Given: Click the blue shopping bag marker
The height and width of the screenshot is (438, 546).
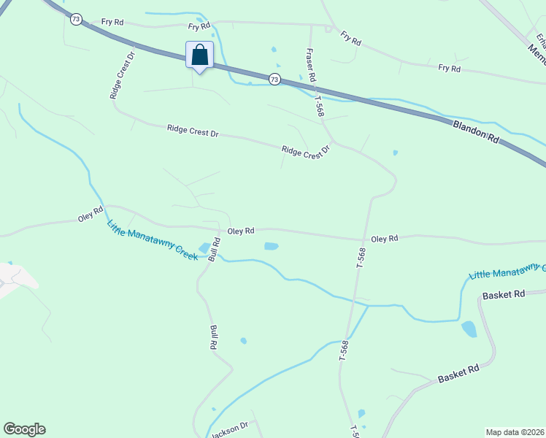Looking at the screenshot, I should tap(199, 55).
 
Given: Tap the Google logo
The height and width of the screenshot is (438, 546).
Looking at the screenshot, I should tap(24, 429).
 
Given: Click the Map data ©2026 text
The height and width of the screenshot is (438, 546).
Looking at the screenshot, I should tap(515, 431).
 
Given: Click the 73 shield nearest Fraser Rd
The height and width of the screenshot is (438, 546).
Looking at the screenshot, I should tap(274, 79).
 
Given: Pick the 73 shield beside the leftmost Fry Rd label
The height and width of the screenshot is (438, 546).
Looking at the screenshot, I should tap(76, 19).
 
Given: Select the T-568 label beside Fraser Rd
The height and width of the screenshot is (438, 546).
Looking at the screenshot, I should tap(319, 107).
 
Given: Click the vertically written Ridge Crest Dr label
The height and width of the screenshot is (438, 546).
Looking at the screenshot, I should tap(121, 75).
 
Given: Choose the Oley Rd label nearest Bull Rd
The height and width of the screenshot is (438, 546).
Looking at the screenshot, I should tap(240, 231).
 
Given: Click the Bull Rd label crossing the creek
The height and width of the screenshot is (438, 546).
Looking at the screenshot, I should tap(215, 249).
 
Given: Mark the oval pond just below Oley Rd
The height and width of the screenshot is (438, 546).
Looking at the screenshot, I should tap(271, 246).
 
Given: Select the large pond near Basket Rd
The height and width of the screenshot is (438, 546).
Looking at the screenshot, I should tap(469, 329).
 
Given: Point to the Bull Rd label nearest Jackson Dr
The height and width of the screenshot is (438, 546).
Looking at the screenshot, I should tap(214, 337).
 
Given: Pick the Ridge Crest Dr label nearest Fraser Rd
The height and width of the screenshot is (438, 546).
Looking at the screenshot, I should tap(306, 151).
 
